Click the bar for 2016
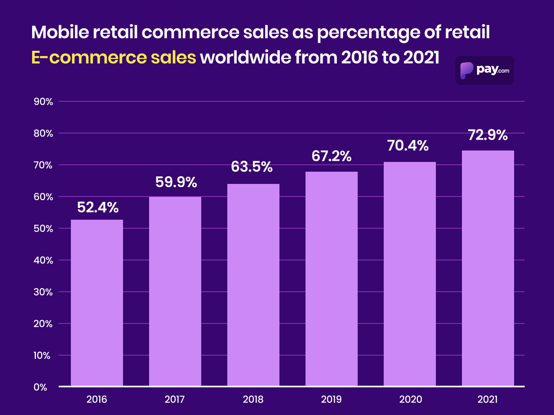pos(97,303)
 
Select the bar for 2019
pos(332,279)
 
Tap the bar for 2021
pos(488,268)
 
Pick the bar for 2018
pos(253,285)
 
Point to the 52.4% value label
pos(98,207)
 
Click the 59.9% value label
pos(176,182)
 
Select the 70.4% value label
pos(408,146)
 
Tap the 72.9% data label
pos(488,135)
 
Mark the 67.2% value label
pos(332,156)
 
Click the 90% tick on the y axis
pos(43,102)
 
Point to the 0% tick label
pos(40,387)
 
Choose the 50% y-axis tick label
pos(43,229)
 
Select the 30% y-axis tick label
pos(43,292)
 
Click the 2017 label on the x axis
pos(175,400)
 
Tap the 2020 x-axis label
pos(410,400)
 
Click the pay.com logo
pos(484,70)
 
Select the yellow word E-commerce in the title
pos(86,57)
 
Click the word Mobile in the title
pos(60,32)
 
